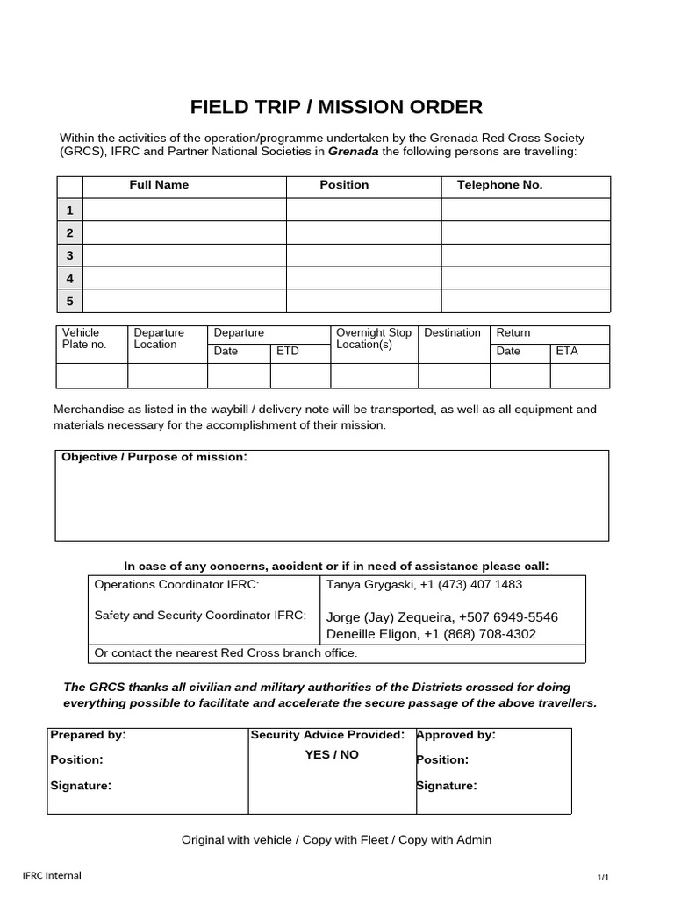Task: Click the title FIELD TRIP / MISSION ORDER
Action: coord(336,108)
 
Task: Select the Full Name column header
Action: coord(159,185)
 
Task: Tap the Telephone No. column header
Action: coord(500,185)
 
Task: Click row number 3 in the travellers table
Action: coord(69,255)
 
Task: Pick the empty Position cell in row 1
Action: coord(363,210)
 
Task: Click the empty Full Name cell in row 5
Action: coord(184,301)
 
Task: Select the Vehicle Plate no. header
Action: coord(83,339)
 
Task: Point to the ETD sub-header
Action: coord(288,351)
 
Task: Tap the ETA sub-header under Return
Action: coord(567,351)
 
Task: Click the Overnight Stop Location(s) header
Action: coord(373,339)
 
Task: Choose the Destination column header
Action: coord(452,333)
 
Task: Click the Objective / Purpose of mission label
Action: coord(154,458)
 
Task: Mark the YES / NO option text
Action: coord(332,754)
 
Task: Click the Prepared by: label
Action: coord(89,735)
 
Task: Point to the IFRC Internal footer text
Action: coord(52,874)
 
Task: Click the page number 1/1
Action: coord(603,877)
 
